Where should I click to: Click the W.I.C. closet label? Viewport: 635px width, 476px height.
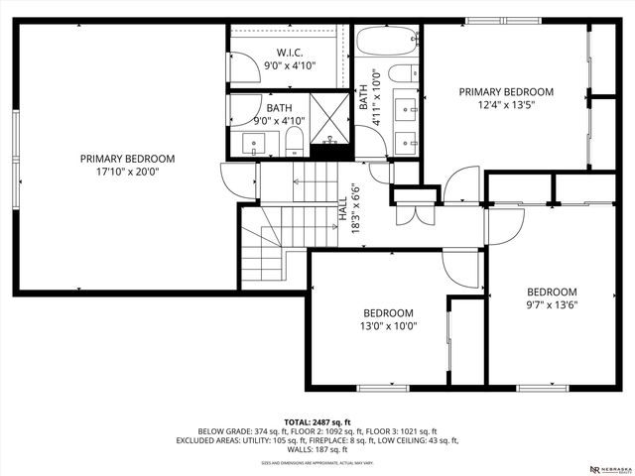point(290,53)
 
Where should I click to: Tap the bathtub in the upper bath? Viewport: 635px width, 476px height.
point(389,43)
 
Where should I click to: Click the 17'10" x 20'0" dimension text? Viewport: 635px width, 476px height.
point(127,172)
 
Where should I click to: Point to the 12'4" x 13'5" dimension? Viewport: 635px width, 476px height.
point(506,105)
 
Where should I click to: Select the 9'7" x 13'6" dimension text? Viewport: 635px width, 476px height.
point(552,304)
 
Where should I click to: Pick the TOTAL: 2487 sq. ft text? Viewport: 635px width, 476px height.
point(317,421)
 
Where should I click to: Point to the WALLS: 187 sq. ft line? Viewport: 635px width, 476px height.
point(317,448)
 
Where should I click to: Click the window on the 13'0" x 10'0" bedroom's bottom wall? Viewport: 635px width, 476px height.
point(383,386)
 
